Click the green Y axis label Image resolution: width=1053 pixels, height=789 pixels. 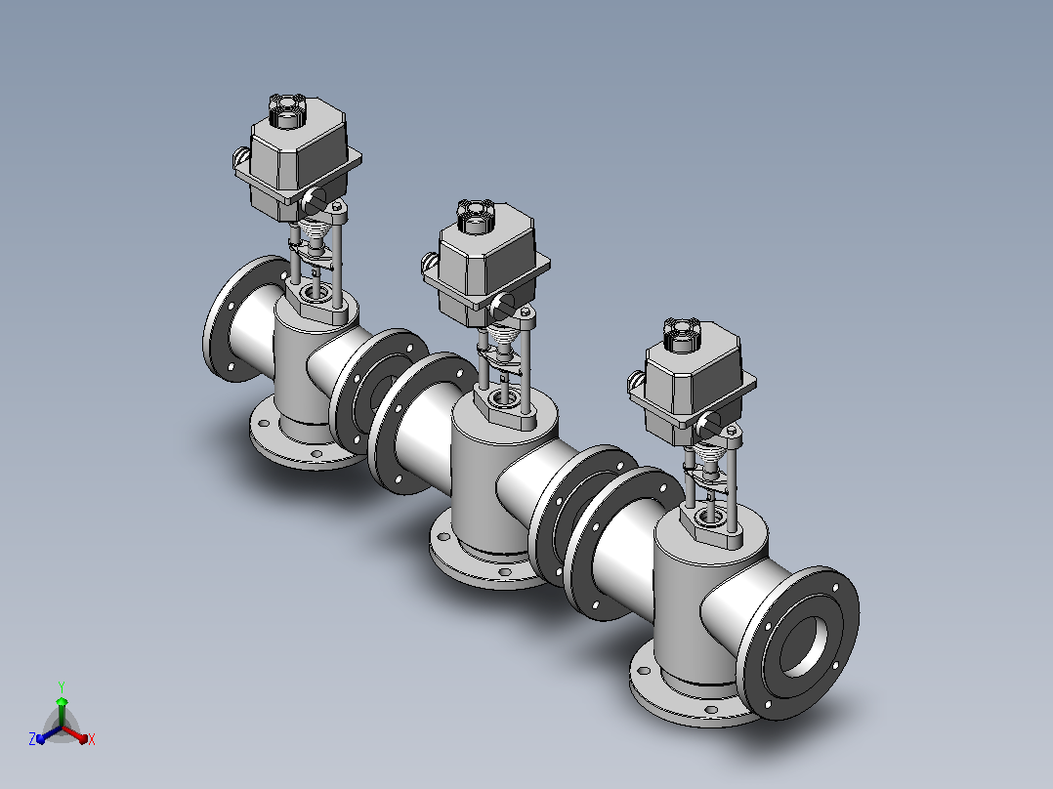click(62, 686)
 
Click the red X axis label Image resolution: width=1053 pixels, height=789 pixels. click(92, 739)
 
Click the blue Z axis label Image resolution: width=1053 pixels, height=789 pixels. click(32, 738)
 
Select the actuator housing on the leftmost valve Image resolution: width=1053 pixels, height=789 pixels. click(298, 161)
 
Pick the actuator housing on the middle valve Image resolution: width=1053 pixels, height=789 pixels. click(485, 267)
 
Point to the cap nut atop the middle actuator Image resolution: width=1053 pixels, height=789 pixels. click(476, 216)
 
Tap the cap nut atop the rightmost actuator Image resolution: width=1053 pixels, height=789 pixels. click(682, 335)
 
